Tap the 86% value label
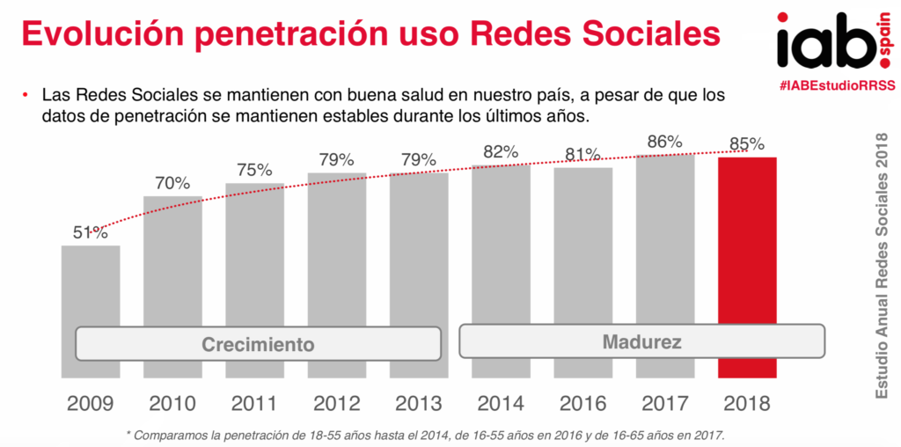coord(665,141)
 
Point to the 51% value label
coord(90,232)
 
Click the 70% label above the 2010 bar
coord(172,183)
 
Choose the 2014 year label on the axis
coord(501,403)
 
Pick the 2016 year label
coord(582,403)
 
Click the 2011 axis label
coord(254,403)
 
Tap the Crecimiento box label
coord(258,344)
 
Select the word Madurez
coord(641,341)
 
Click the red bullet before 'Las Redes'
coord(27,95)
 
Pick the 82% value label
coord(501,151)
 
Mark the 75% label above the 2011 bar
coord(254,170)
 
